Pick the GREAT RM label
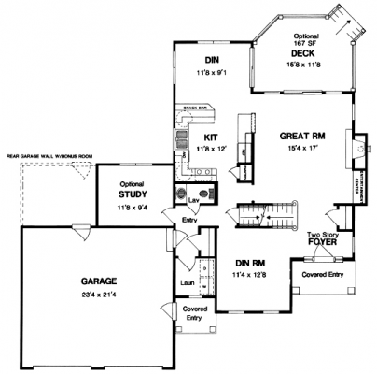300,136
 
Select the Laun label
186,280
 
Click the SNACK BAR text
194,108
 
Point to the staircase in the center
266,214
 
